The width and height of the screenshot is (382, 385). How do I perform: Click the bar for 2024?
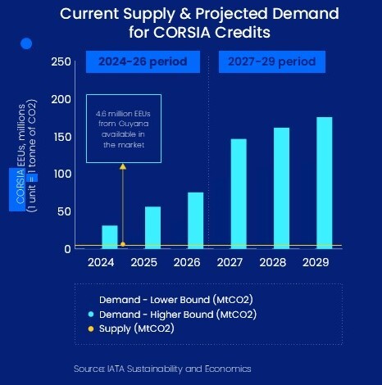point(110,237)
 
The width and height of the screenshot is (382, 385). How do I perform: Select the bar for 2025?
point(152,227)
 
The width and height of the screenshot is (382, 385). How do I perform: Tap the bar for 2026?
point(195,220)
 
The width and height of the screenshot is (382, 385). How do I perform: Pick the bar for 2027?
point(239,193)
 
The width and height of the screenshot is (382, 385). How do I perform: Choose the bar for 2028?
point(281,188)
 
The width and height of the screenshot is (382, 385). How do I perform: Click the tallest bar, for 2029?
point(325,182)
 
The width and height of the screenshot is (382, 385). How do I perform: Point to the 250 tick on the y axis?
point(61,62)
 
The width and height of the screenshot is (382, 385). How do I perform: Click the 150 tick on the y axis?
point(61,137)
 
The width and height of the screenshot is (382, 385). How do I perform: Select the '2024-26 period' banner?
point(143,62)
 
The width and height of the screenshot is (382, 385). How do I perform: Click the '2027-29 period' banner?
point(271,62)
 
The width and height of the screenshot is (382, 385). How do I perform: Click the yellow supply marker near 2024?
point(123,244)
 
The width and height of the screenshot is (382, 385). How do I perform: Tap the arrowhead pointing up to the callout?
point(123,166)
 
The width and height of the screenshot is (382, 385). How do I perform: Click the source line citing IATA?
point(161,369)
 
